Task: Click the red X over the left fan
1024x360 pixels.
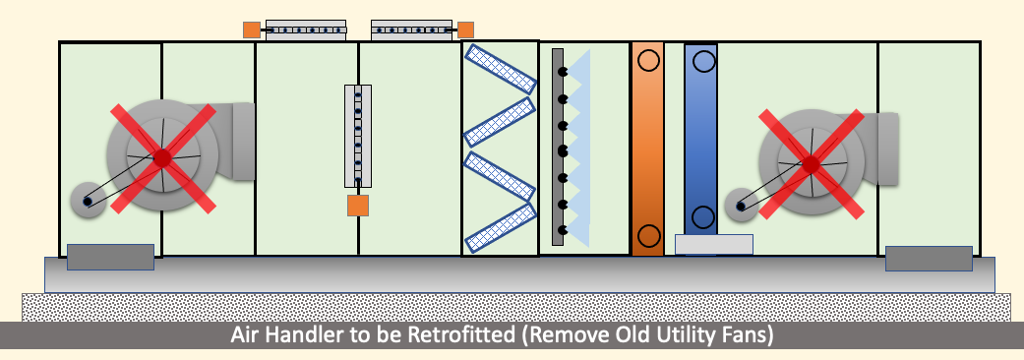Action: pyautogui.click(x=162, y=158)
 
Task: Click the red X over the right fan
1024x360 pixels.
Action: pyautogui.click(x=811, y=164)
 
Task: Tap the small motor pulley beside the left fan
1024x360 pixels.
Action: pyautogui.click(x=88, y=201)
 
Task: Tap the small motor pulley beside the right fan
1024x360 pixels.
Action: pyautogui.click(x=742, y=206)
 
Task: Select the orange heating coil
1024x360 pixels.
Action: pyautogui.click(x=648, y=149)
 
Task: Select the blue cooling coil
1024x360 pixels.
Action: pyautogui.click(x=700, y=140)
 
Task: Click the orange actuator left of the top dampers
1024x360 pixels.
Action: pyautogui.click(x=252, y=30)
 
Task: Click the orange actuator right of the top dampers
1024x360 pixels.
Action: pyautogui.click(x=465, y=30)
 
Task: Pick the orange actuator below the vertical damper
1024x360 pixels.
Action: pyautogui.click(x=358, y=206)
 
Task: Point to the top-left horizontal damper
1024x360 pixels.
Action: pyautogui.click(x=306, y=30)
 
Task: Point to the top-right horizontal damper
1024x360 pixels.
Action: pyautogui.click(x=411, y=30)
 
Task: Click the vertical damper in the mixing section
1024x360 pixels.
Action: pyautogui.click(x=358, y=136)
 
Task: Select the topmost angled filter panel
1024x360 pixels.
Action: pyautogui.click(x=501, y=68)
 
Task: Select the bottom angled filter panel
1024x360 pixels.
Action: pyautogui.click(x=501, y=228)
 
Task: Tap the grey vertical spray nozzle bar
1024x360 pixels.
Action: pyautogui.click(x=558, y=147)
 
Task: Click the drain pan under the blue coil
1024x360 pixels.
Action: pyautogui.click(x=714, y=244)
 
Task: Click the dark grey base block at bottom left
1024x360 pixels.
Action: pyautogui.click(x=110, y=257)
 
